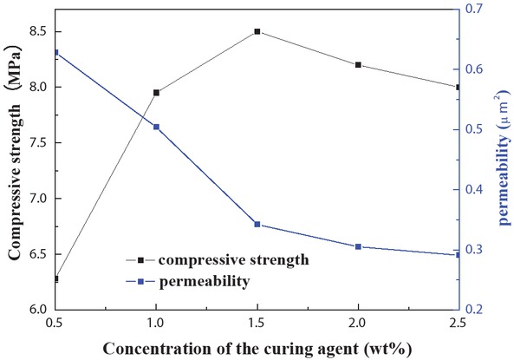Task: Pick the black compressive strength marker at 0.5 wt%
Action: pyautogui.click(x=56, y=278)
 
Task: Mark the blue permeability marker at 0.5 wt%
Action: pyautogui.click(x=56, y=53)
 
